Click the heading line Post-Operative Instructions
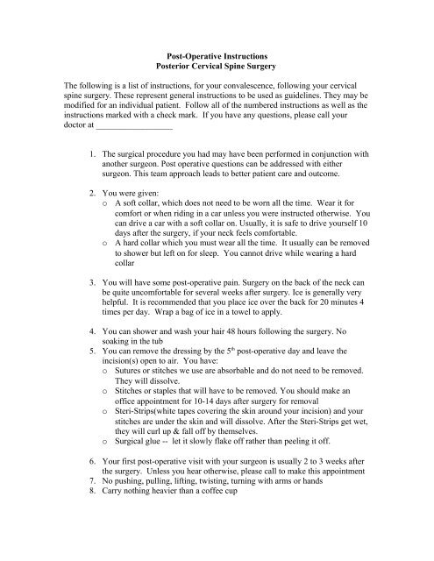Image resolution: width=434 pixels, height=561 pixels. pos(216,56)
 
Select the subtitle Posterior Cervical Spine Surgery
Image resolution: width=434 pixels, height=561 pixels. pos(216,67)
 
